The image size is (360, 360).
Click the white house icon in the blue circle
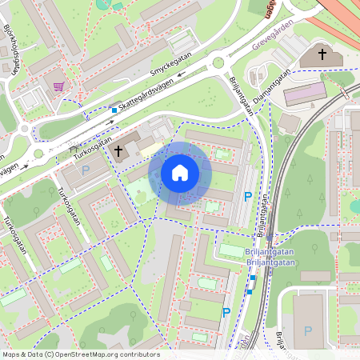click(x=180, y=173)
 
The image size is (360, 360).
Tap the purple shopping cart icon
click(x=58, y=86)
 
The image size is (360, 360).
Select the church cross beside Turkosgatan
click(x=119, y=150)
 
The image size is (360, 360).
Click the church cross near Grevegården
click(x=322, y=54)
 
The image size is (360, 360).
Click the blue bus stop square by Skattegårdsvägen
click(x=114, y=110)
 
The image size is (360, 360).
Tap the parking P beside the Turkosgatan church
click(x=86, y=170)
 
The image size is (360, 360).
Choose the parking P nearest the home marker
click(x=247, y=196)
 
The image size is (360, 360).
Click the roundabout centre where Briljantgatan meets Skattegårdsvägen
click(x=218, y=62)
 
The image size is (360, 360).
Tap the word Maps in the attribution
click(x=11, y=354)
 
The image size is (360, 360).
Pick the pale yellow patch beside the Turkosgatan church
click(x=150, y=148)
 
